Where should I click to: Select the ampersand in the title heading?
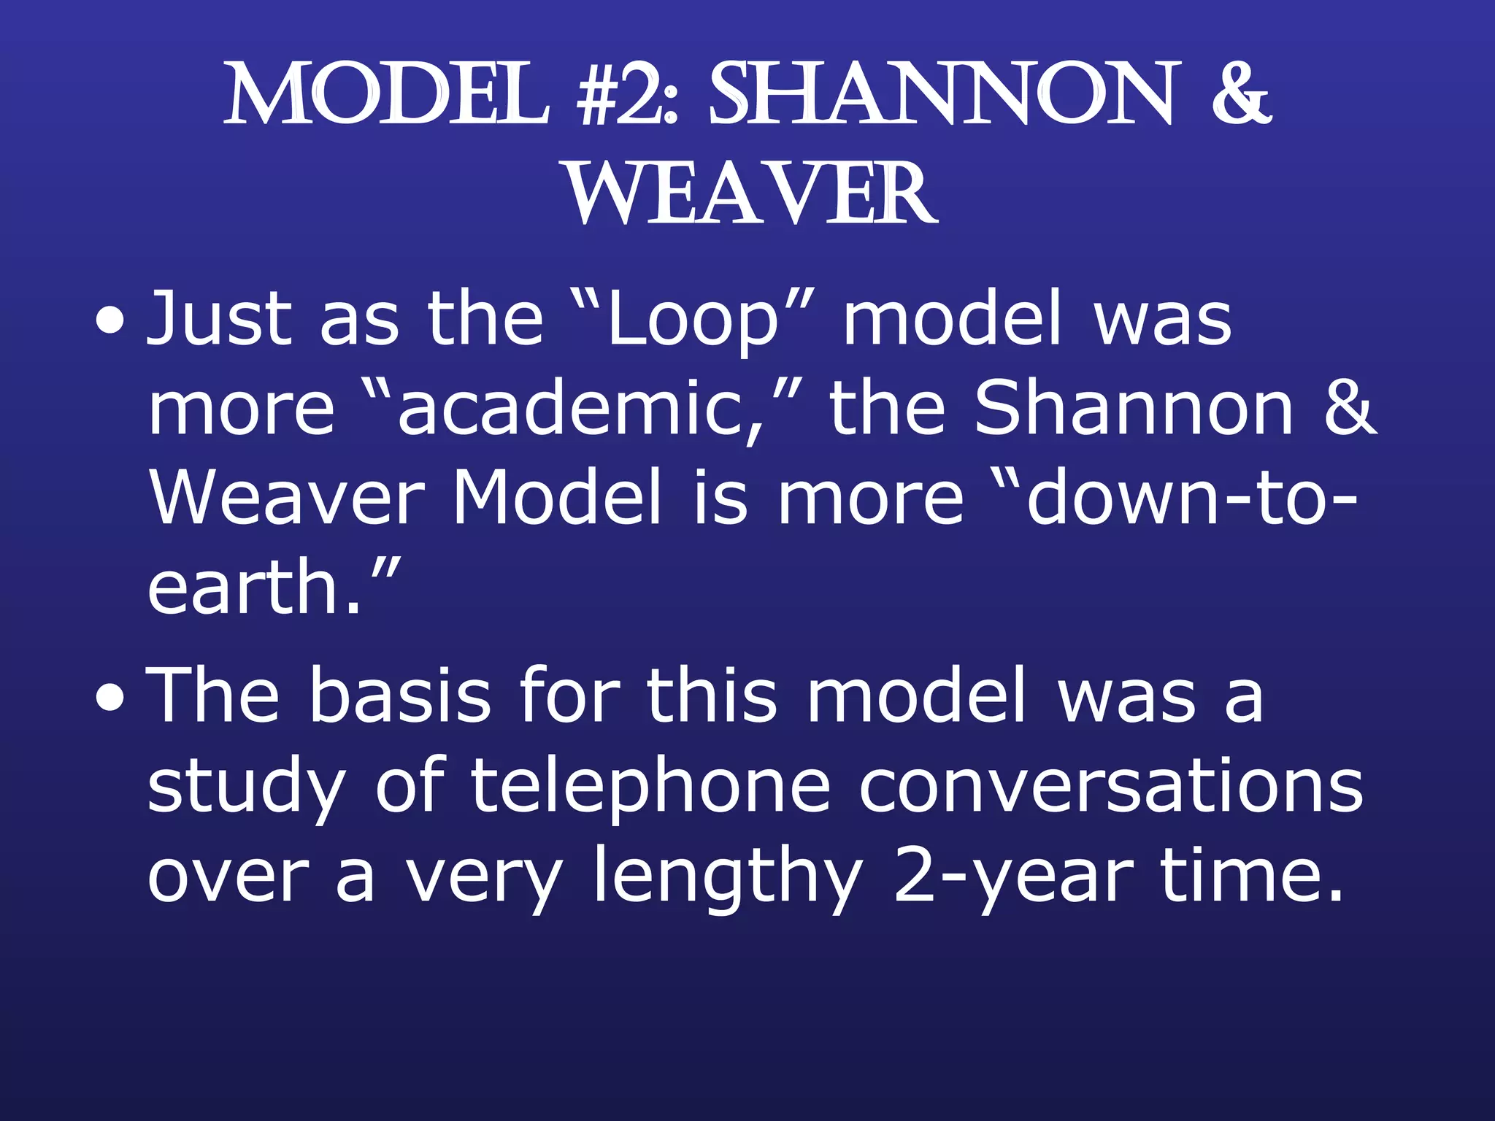1240,95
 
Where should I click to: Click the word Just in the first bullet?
219,320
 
